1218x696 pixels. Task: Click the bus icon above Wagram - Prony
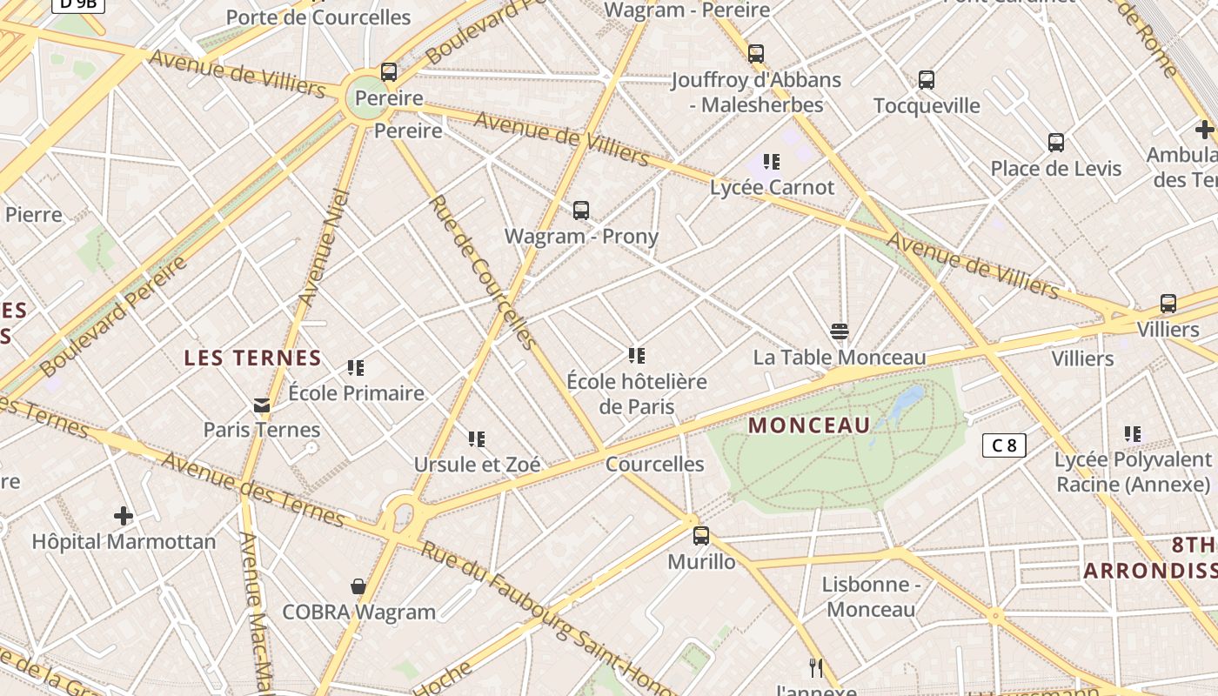click(x=581, y=211)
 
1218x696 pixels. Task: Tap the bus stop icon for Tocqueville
click(x=927, y=80)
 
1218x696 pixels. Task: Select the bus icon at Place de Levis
click(x=1056, y=143)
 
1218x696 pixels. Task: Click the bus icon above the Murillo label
click(x=701, y=536)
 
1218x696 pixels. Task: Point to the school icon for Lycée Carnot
click(x=772, y=162)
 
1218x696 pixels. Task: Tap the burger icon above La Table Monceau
click(x=840, y=331)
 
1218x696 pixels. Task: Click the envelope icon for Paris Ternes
click(x=262, y=405)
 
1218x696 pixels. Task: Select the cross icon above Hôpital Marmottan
click(x=124, y=516)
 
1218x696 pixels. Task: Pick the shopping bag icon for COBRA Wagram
click(x=358, y=586)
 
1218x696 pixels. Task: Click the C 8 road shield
click(x=1004, y=446)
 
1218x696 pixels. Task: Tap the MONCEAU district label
click(x=809, y=425)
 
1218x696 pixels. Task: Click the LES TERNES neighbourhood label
click(x=253, y=358)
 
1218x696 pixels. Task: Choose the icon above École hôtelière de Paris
click(x=637, y=356)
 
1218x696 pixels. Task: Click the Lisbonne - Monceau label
click(x=871, y=597)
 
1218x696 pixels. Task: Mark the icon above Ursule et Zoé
click(x=477, y=439)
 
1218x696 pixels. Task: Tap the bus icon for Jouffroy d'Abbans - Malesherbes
click(x=756, y=54)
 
